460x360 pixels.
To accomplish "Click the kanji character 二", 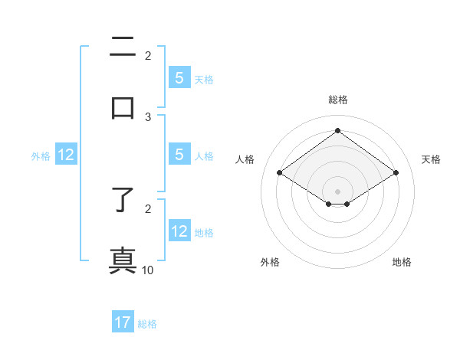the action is click(123, 47).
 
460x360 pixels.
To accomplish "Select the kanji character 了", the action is click(123, 201).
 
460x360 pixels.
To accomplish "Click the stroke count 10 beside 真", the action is click(148, 270).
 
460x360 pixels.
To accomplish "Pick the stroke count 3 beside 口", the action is click(148, 117).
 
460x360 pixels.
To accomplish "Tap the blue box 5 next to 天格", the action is click(179, 78).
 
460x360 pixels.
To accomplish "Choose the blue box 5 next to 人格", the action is click(179, 155).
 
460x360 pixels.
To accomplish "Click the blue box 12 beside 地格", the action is click(179, 231).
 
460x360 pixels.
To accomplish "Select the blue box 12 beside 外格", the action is click(66, 155).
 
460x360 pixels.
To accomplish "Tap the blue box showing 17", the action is click(123, 323).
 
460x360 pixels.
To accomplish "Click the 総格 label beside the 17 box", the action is click(147, 324).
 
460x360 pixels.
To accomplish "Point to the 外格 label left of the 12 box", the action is click(41, 156).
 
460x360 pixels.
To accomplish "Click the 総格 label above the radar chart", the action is click(338, 100).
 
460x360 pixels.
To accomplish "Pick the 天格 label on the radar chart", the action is click(431, 159).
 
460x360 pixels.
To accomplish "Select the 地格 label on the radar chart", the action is click(402, 262).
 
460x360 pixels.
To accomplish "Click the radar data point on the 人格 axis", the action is click(280, 173).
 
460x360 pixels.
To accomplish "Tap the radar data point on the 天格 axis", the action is click(396, 173).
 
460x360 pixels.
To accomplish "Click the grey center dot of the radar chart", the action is click(338, 190).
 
